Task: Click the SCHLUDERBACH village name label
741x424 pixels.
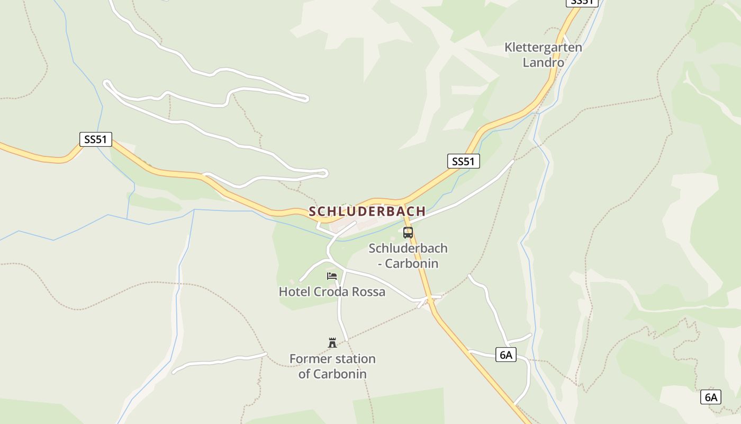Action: point(367,211)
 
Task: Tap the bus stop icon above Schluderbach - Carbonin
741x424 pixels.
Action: point(408,232)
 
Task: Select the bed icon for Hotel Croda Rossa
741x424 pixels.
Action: point(332,276)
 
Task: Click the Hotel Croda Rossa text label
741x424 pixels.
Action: point(332,292)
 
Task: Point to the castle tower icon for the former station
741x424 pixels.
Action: point(332,342)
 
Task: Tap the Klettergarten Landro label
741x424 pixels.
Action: point(543,55)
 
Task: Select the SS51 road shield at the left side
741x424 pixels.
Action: point(96,139)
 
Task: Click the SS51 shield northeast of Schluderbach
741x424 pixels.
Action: point(463,161)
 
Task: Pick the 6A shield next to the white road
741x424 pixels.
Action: point(506,355)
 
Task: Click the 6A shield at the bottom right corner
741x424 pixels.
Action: point(710,396)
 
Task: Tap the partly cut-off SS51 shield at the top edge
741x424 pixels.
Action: point(582,2)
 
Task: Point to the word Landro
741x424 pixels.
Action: point(544,63)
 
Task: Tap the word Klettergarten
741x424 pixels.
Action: point(543,47)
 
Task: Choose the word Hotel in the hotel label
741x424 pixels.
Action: point(294,292)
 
